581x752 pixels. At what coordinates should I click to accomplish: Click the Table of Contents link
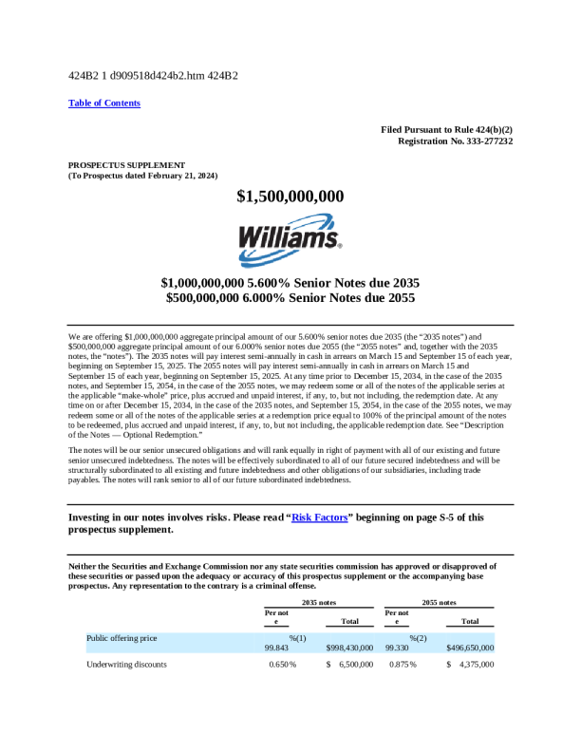click(104, 103)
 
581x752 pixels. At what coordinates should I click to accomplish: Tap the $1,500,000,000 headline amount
click(290, 197)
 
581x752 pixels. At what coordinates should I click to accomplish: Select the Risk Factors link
click(319, 517)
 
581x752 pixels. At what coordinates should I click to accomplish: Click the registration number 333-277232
click(478, 141)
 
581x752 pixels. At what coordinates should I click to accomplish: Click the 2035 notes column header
click(319, 602)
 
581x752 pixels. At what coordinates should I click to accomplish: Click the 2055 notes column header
click(439, 602)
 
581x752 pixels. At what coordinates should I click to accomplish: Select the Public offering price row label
click(122, 638)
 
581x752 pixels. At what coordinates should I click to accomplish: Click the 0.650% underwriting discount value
click(281, 665)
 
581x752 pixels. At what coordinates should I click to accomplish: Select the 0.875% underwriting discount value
click(402, 665)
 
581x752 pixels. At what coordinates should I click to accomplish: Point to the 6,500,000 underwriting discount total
click(356, 665)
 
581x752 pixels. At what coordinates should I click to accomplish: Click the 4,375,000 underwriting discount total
click(476, 665)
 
